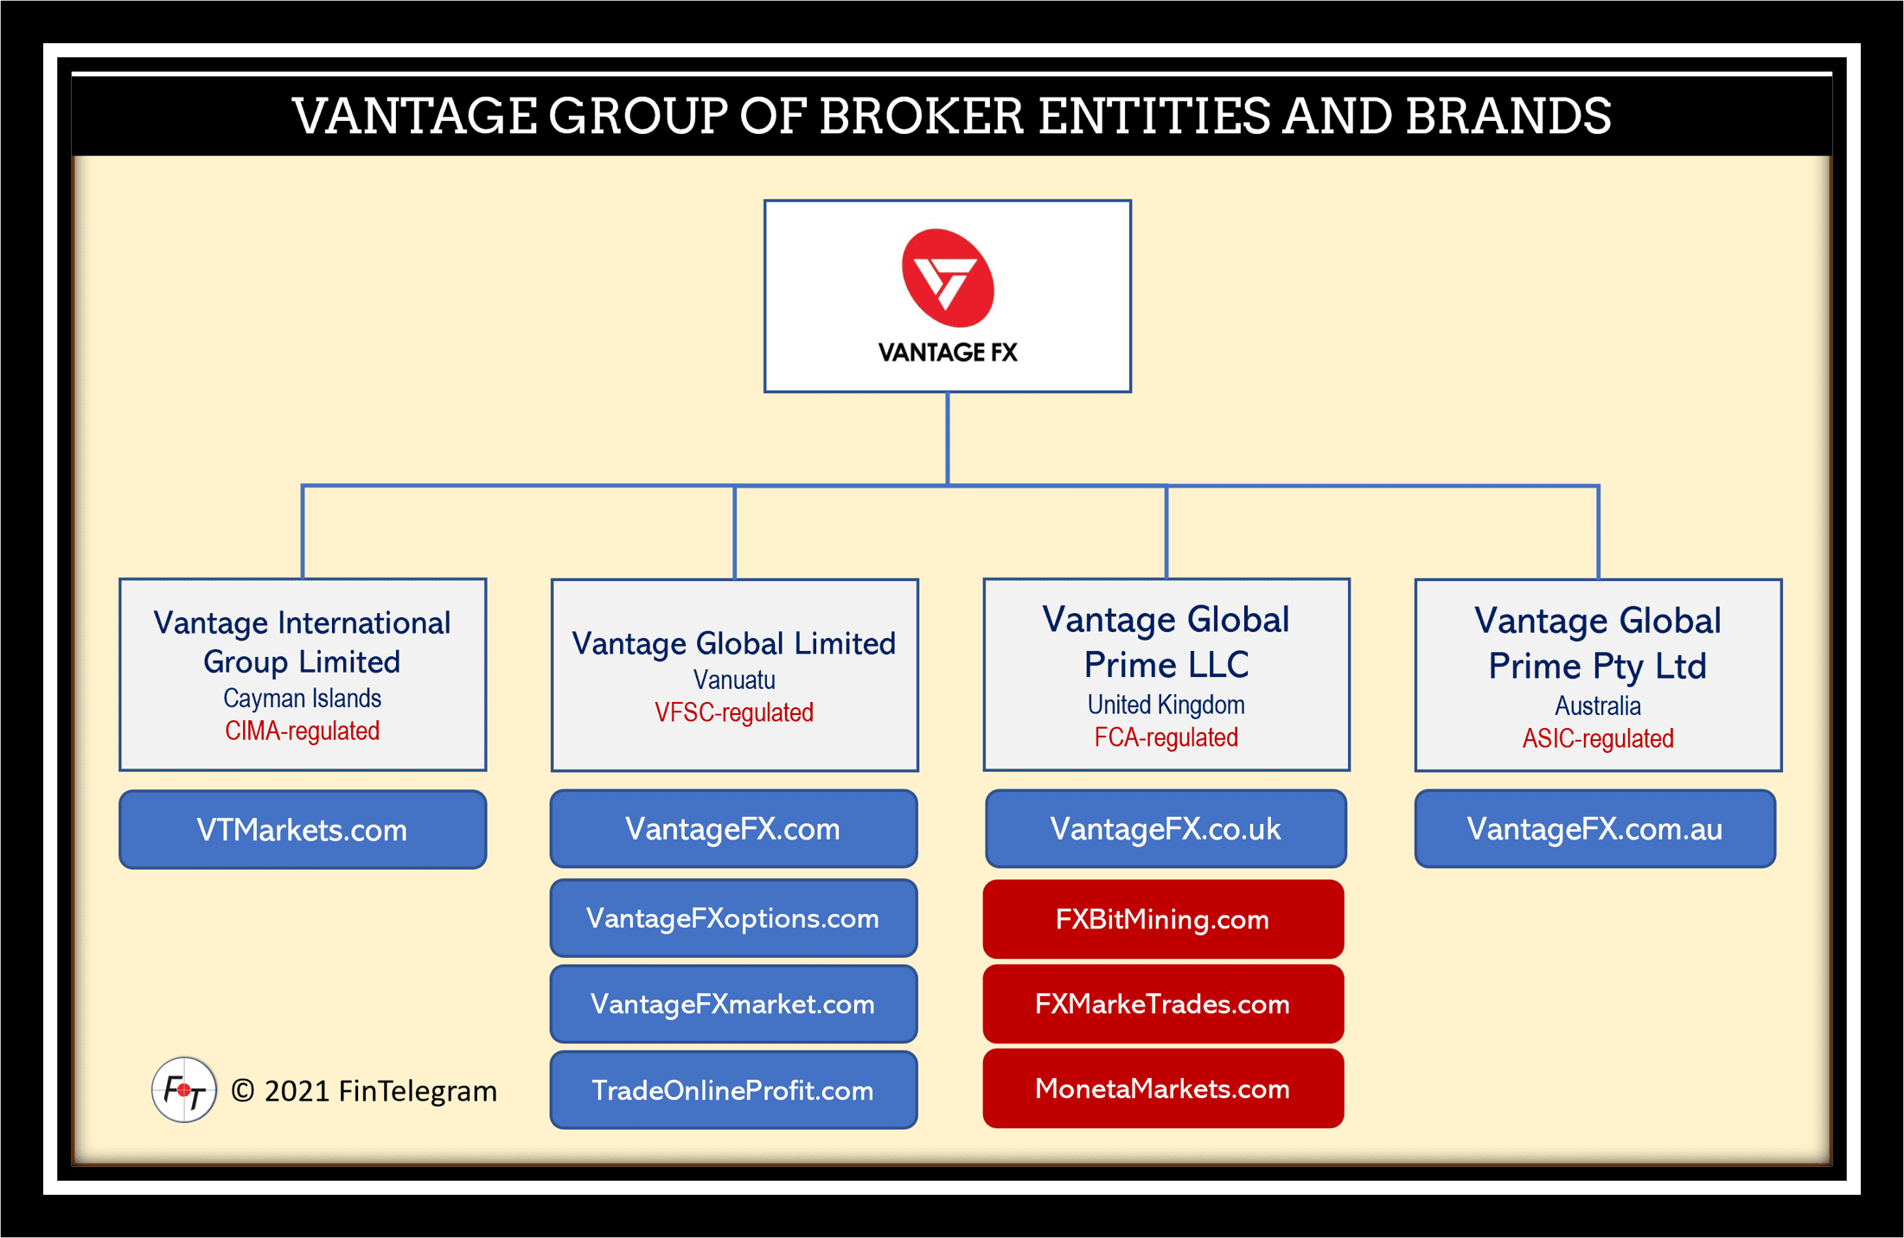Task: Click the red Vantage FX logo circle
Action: (948, 278)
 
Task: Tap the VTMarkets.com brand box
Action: (303, 829)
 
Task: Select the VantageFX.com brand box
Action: (733, 828)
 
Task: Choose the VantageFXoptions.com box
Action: (733, 918)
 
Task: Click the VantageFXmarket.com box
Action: (733, 1004)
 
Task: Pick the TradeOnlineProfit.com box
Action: (733, 1090)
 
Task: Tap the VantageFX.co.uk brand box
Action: (1166, 828)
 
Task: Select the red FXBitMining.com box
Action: (1163, 919)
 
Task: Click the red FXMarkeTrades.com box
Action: (1163, 1004)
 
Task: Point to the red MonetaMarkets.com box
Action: (1163, 1088)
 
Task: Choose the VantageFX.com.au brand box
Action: (1595, 828)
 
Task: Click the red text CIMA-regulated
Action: (303, 731)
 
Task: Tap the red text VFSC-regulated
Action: (734, 712)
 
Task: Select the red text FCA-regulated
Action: (1166, 737)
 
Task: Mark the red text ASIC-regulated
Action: (1598, 738)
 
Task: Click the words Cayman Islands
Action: (303, 698)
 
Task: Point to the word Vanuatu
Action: (734, 680)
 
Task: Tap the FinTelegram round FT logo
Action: (184, 1090)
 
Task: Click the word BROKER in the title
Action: (921, 116)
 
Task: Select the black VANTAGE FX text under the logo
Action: (948, 353)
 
